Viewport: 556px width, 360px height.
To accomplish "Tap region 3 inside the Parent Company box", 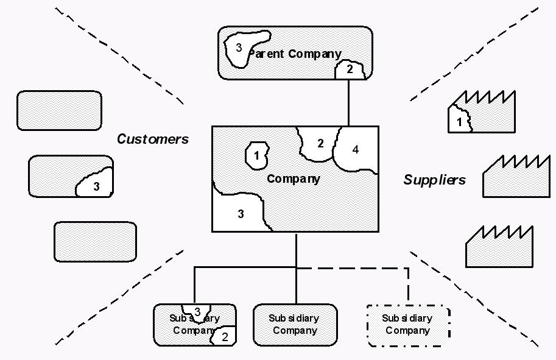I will pos(239,48).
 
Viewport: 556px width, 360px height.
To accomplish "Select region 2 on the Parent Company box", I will pos(350,70).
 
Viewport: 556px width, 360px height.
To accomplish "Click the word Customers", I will pos(153,139).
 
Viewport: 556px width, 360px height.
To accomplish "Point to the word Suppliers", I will pos(435,180).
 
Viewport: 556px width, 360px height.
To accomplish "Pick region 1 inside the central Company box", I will pos(256,155).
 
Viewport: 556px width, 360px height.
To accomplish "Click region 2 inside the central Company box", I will pos(320,144).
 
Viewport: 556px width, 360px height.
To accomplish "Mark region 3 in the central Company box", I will pos(241,214).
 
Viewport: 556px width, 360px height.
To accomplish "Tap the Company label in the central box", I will pos(294,178).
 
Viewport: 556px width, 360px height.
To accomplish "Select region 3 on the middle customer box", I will pos(96,186).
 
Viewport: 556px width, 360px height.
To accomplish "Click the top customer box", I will pos(59,110).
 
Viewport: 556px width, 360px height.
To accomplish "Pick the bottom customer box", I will pos(95,242).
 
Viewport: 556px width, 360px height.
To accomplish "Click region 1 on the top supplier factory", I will pos(459,121).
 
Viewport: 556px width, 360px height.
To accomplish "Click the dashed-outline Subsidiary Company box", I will pos(407,325).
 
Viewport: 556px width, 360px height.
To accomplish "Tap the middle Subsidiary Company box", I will pos(295,325).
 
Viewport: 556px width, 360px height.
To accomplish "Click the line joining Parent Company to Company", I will pos(348,102).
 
